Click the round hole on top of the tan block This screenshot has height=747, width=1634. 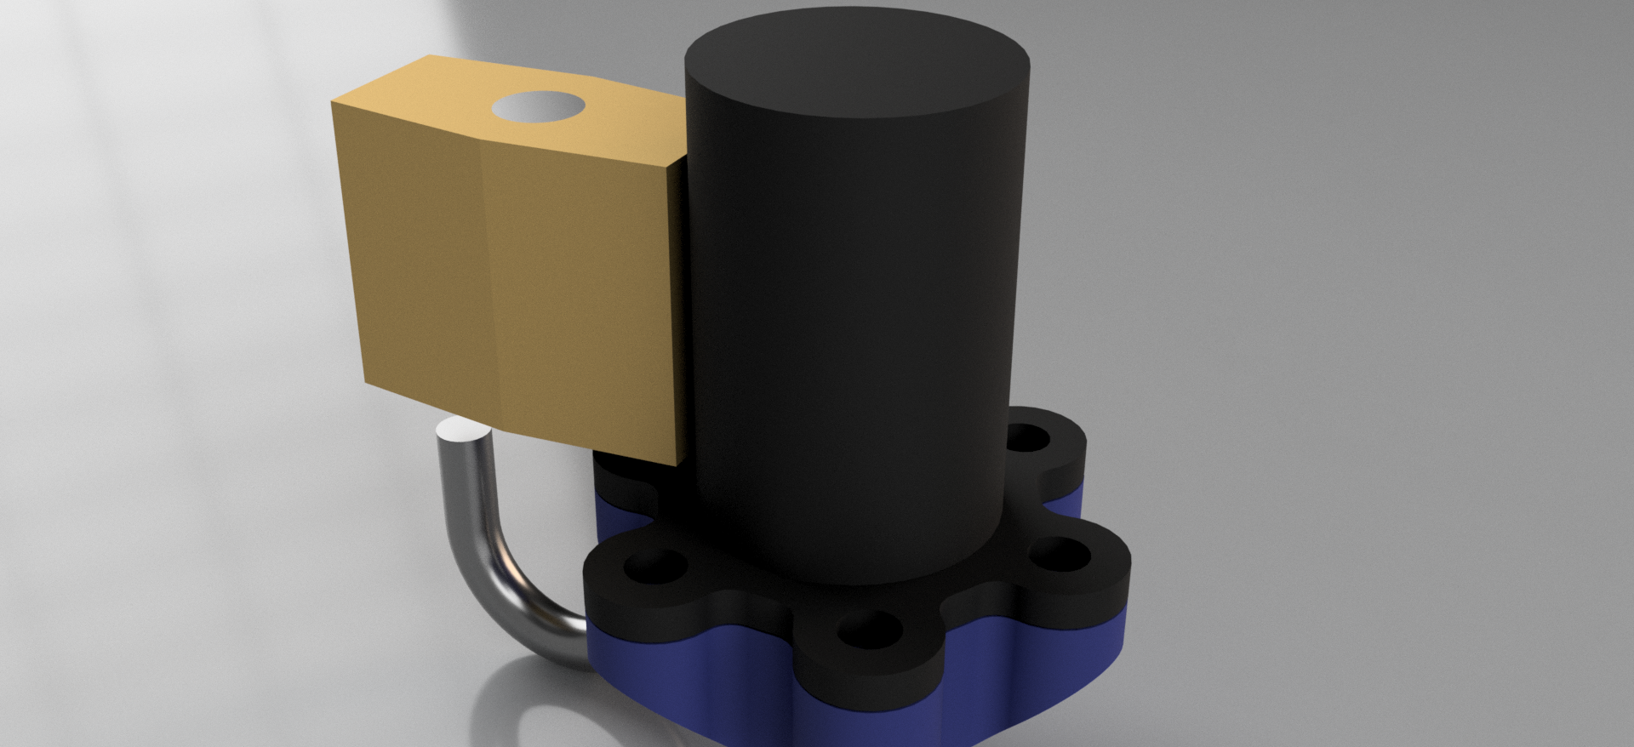[539, 106]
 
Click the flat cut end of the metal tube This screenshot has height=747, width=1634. [464, 431]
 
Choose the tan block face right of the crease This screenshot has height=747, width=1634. [587, 298]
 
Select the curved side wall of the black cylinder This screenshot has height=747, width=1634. [851, 340]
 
